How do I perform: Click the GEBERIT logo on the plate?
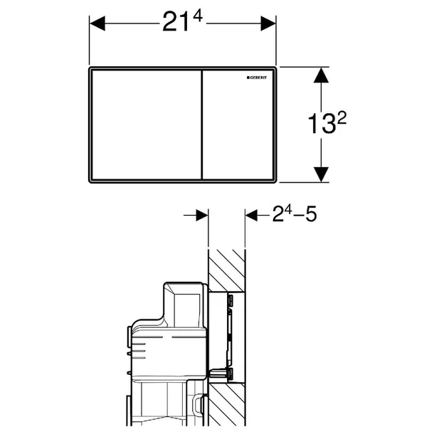(x=257, y=78)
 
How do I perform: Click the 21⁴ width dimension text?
(x=182, y=22)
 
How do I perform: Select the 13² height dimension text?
(x=327, y=123)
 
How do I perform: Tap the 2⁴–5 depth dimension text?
(x=295, y=213)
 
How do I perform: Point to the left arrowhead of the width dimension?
(x=97, y=23)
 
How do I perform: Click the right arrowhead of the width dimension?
(x=268, y=23)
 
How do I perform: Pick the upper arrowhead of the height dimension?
(x=321, y=75)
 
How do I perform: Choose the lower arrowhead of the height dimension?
(x=321, y=174)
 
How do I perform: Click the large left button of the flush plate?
(x=146, y=125)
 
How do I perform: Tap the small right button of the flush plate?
(x=238, y=125)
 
